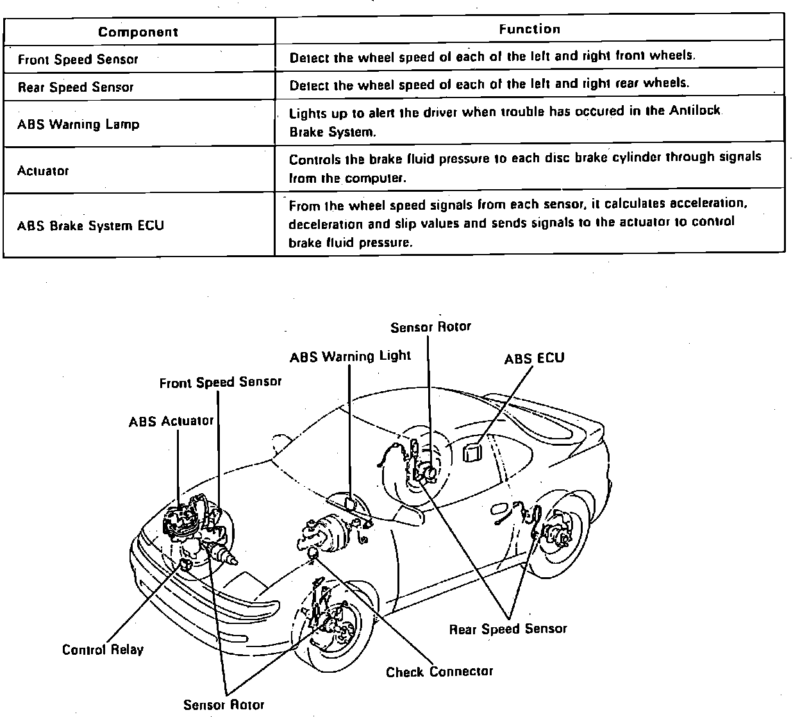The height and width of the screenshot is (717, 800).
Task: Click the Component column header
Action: pyautogui.click(x=138, y=31)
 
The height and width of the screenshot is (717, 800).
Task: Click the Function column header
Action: pyautogui.click(x=529, y=29)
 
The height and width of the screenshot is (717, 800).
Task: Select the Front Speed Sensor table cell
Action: pyautogui.click(x=78, y=60)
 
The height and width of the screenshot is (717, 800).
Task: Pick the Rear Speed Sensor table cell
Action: pyautogui.click(x=76, y=87)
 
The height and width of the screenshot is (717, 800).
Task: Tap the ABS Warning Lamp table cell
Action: pyautogui.click(x=78, y=124)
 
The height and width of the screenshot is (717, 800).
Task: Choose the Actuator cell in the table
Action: pyautogui.click(x=43, y=171)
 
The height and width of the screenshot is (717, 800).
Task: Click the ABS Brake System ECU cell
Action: pyautogui.click(x=90, y=226)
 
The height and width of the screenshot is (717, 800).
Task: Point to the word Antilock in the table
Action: pyautogui.click(x=696, y=111)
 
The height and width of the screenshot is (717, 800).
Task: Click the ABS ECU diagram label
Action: pyautogui.click(x=534, y=358)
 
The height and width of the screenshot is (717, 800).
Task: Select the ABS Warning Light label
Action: pyautogui.click(x=350, y=357)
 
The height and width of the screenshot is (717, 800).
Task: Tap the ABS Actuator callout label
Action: pyautogui.click(x=171, y=421)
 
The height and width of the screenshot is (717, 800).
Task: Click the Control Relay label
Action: pyautogui.click(x=103, y=650)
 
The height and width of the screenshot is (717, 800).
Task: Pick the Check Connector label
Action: pyautogui.click(x=439, y=672)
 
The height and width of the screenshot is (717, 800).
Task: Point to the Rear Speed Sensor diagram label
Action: pyautogui.click(x=508, y=629)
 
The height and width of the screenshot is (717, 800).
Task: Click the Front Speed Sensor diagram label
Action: pyautogui.click(x=220, y=382)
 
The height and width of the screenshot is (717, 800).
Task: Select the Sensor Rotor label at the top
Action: pyautogui.click(x=430, y=326)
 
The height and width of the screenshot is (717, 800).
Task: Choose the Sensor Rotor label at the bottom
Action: pyautogui.click(x=223, y=705)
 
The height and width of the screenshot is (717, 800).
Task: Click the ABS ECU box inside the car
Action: pyautogui.click(x=472, y=452)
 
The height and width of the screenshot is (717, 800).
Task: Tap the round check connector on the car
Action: pyautogui.click(x=313, y=553)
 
